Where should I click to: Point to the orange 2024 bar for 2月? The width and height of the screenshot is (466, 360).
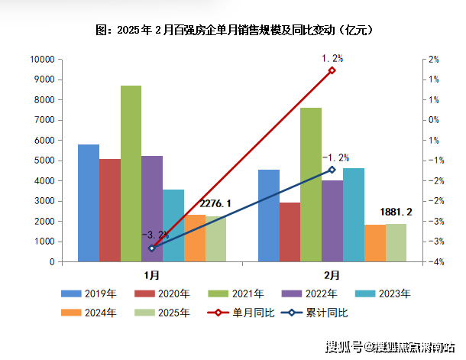(x=375, y=243)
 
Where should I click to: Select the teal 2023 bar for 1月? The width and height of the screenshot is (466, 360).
(x=173, y=225)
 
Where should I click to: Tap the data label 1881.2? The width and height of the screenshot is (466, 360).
(x=396, y=212)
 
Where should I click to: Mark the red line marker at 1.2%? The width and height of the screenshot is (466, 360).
(x=332, y=70)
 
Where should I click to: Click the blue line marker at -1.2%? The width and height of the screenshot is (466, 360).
(x=332, y=170)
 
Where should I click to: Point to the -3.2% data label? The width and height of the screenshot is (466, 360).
(x=154, y=235)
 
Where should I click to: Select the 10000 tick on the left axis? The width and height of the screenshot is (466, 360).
(x=41, y=60)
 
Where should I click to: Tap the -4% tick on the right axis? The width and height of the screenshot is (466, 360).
(x=432, y=262)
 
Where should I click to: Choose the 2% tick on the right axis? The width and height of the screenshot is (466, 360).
(x=433, y=60)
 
